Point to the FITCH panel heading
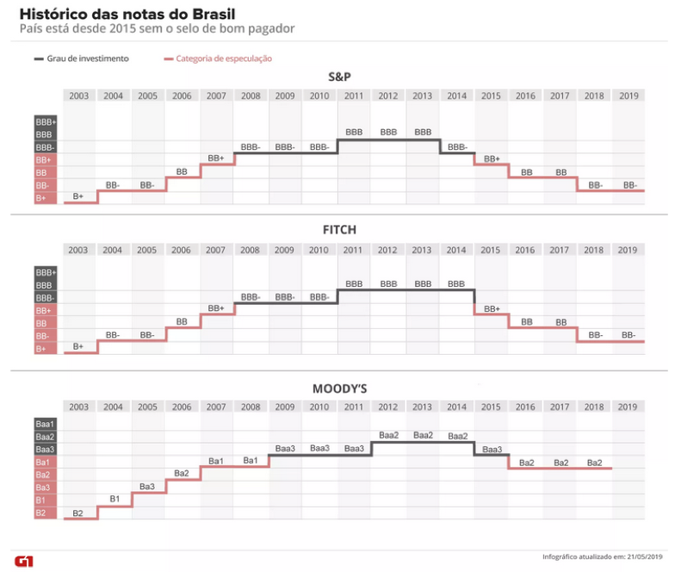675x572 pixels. click(339, 230)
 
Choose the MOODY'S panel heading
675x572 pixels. click(339, 389)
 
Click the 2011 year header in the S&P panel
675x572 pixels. click(353, 96)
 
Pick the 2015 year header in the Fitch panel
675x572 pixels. click(490, 250)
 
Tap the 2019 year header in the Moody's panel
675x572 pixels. click(628, 407)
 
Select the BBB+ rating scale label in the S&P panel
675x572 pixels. click(45, 122)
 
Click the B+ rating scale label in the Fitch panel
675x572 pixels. click(42, 349)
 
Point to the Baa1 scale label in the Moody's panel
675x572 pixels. click(45, 424)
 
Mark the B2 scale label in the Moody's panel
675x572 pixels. click(42, 513)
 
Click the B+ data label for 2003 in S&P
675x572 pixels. click(78, 197)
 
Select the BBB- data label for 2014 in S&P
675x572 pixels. click(456, 146)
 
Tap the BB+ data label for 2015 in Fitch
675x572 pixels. click(492, 308)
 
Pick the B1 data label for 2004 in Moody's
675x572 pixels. click(114, 499)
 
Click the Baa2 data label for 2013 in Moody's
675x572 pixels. click(423, 435)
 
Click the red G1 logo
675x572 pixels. click(24, 561)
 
